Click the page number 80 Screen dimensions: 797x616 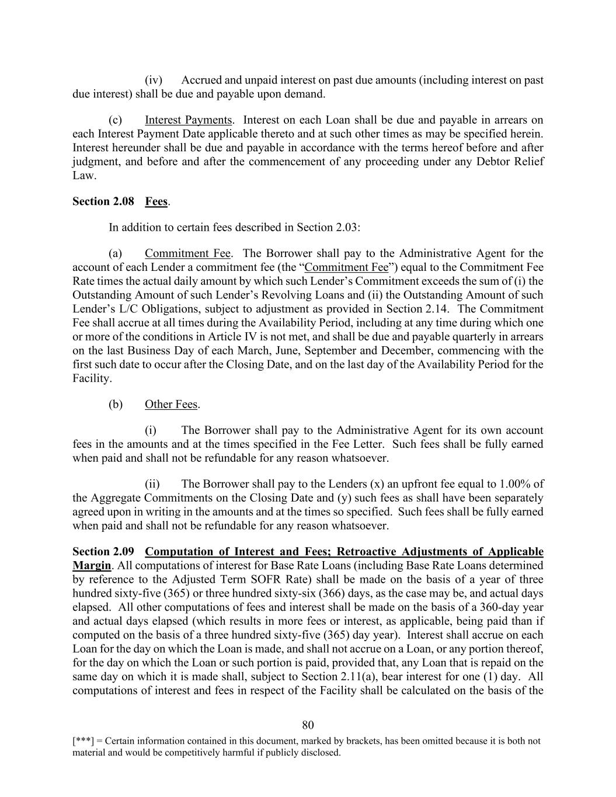click(308, 725)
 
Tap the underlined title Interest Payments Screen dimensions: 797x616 click(189, 120)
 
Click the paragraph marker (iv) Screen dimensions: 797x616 click(153, 81)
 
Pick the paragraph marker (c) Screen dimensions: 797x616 click(116, 120)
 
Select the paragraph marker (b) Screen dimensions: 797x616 click(116, 405)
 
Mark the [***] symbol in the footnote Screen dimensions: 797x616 click(82, 742)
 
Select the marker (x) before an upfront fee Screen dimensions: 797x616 click(377, 484)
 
